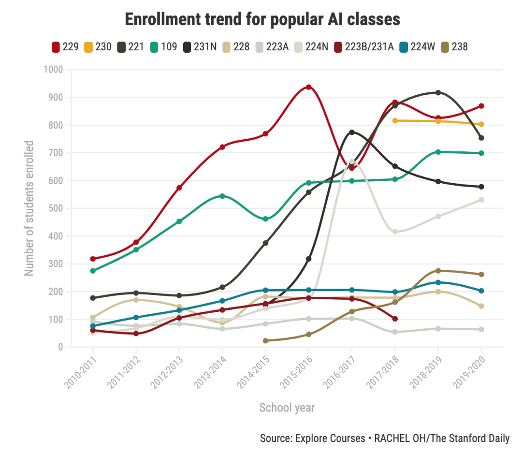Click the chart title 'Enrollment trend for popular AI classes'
pos(262,19)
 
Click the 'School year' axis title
pos(287,408)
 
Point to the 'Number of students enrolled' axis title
pos(29,208)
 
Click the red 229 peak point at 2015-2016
pos(308,88)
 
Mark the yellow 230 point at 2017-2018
pos(395,120)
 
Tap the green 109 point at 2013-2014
pos(222,196)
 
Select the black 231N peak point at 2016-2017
pos(352,132)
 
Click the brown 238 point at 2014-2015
pos(265,341)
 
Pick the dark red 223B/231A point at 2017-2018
pos(395,319)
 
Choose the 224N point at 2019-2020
pos(481,200)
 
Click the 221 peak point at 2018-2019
pos(438,93)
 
